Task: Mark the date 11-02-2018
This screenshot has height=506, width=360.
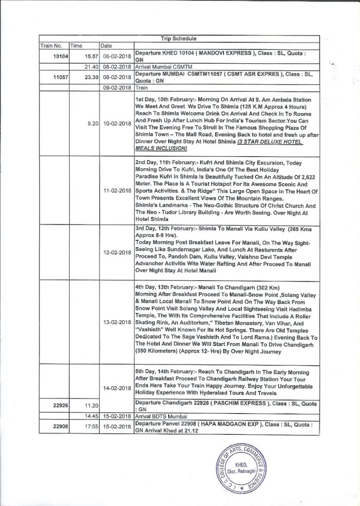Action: tap(116, 190)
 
